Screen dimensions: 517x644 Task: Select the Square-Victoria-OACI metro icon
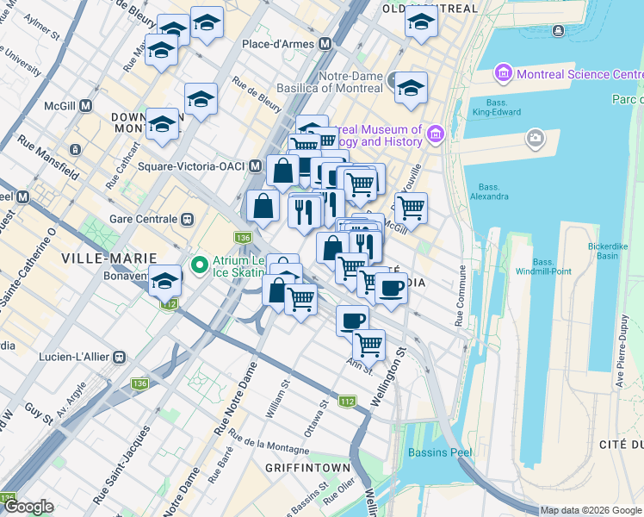pos(256,165)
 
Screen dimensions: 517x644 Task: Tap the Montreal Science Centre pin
pos(503,74)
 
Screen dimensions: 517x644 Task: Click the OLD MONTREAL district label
pos(429,9)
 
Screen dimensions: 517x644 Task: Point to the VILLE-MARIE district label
pos(108,258)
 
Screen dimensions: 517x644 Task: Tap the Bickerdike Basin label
pos(614,250)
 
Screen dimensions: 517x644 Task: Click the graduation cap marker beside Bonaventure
pos(165,281)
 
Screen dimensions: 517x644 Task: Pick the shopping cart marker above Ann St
pos(369,344)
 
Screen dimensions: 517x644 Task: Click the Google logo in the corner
pos(28,508)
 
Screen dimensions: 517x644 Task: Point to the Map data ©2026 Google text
pos(591,510)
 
